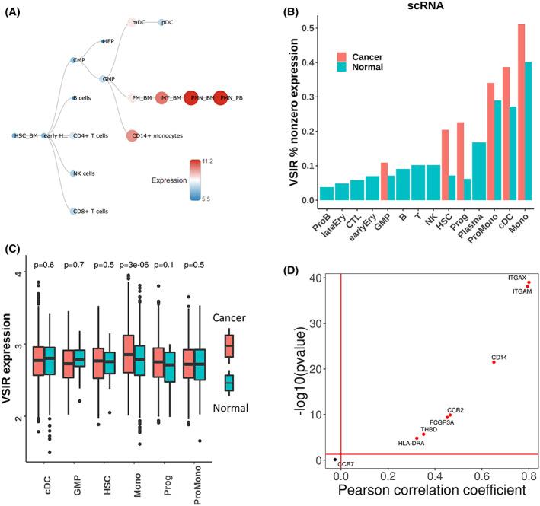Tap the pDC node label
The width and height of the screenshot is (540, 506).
click(x=169, y=23)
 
